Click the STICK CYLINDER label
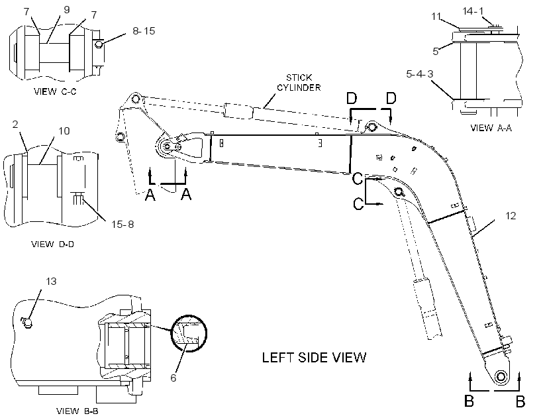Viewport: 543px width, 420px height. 299,82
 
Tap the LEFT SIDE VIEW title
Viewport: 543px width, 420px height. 314,358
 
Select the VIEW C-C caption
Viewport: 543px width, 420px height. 55,91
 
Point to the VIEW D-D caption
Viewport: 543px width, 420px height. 52,244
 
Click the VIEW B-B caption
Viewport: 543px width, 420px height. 77,411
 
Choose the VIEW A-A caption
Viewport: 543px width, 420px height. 491,128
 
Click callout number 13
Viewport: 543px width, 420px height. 51,281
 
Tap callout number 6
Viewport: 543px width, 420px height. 173,378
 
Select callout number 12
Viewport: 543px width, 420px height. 511,216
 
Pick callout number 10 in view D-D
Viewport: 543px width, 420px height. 64,131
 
